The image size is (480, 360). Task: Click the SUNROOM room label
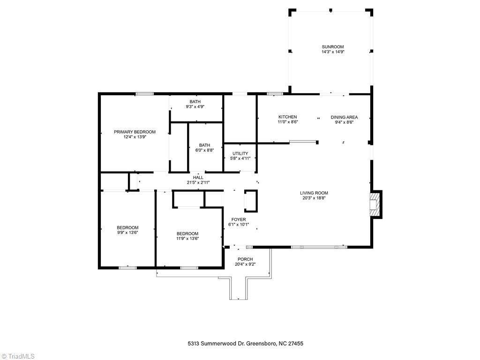click(332, 47)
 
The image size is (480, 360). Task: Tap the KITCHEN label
click(287, 117)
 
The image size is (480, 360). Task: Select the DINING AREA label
click(344, 117)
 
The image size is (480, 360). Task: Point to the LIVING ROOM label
click(314, 193)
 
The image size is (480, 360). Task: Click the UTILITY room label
click(240, 153)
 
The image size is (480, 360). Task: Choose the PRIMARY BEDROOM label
click(135, 132)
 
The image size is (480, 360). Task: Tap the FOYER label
click(238, 219)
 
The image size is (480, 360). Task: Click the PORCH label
click(245, 259)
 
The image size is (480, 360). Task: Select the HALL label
click(198, 178)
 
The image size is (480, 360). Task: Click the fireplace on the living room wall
click(375, 205)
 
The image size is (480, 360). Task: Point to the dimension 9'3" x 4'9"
click(195, 107)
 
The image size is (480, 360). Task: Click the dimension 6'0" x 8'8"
click(204, 150)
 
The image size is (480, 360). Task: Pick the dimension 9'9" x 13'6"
click(127, 232)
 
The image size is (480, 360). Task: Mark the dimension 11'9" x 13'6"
click(187, 239)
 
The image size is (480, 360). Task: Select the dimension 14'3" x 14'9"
click(332, 52)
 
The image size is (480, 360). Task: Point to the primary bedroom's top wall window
click(144, 94)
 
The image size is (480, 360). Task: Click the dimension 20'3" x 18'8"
click(314, 198)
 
